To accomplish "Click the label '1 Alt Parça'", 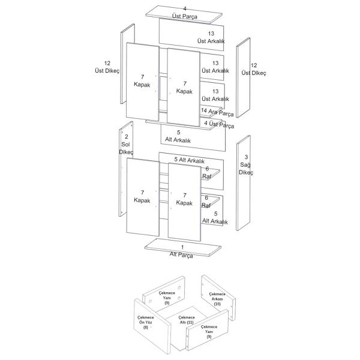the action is pos(181,251).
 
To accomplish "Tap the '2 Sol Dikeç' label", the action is pos(126,145).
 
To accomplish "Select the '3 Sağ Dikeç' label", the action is pos(246,164).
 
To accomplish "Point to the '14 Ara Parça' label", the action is pos(217,112).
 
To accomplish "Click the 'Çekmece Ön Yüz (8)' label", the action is pos(146,322).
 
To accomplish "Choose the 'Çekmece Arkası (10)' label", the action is pos(217,299).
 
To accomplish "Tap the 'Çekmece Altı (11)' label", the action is pos(187,320).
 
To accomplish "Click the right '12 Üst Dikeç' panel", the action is pos(243,77).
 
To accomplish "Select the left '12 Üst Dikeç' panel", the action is pos(127,64).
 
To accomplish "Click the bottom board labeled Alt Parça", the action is pos(183,247).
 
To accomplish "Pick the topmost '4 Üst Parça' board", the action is pos(184,14).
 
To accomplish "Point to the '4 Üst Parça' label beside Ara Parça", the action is pos(219,124).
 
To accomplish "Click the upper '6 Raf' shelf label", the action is pos(207,172).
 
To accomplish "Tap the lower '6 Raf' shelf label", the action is pos(206,202).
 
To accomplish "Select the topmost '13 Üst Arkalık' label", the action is pos(211,37).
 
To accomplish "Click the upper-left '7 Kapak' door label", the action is pos(142,81).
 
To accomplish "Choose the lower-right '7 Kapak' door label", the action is pos(184,199).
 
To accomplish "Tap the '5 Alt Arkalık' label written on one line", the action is pos(189,160).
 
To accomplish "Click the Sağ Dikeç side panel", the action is pos(244,183).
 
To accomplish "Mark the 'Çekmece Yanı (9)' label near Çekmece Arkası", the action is pos(167,298).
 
